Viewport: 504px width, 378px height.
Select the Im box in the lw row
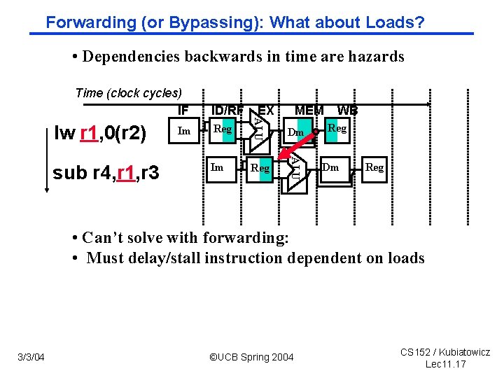tap(185, 131)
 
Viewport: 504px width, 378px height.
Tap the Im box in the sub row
tap(218, 167)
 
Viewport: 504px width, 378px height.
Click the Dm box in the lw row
tap(296, 132)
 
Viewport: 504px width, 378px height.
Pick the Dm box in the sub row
tap(331, 167)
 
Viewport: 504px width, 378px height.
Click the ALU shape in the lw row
tap(258, 129)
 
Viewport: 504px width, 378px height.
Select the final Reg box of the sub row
tap(374, 167)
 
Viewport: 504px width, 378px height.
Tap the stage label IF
tap(183, 110)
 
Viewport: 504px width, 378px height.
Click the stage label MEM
tap(309, 110)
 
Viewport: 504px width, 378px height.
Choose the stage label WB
tap(347, 110)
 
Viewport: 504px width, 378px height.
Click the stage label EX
tap(266, 110)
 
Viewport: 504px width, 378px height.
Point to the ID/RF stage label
tap(227, 110)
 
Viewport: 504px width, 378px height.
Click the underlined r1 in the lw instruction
tap(89, 133)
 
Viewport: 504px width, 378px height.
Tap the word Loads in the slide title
tap(393, 22)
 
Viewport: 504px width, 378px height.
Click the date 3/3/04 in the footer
tap(31, 358)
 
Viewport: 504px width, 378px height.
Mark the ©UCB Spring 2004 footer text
tap(251, 358)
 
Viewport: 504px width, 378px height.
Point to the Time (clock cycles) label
tap(128, 93)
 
